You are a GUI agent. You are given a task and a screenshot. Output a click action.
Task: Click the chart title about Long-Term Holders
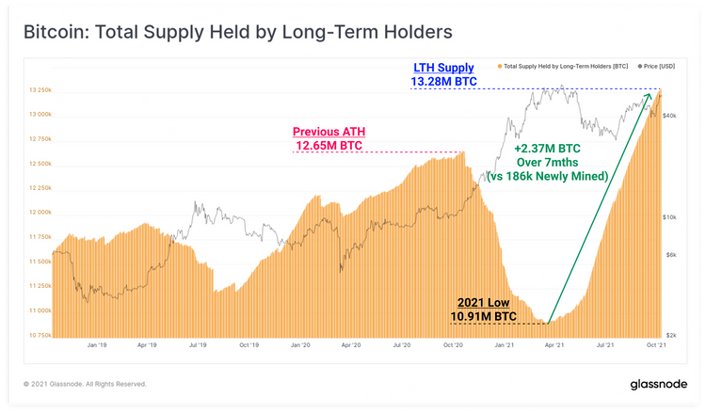coord(236,32)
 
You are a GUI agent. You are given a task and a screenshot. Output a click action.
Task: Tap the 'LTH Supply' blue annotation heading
coord(444,68)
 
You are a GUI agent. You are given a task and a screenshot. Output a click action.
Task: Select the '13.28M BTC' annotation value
coord(444,83)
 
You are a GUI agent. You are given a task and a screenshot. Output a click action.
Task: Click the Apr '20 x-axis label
coord(352,345)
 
